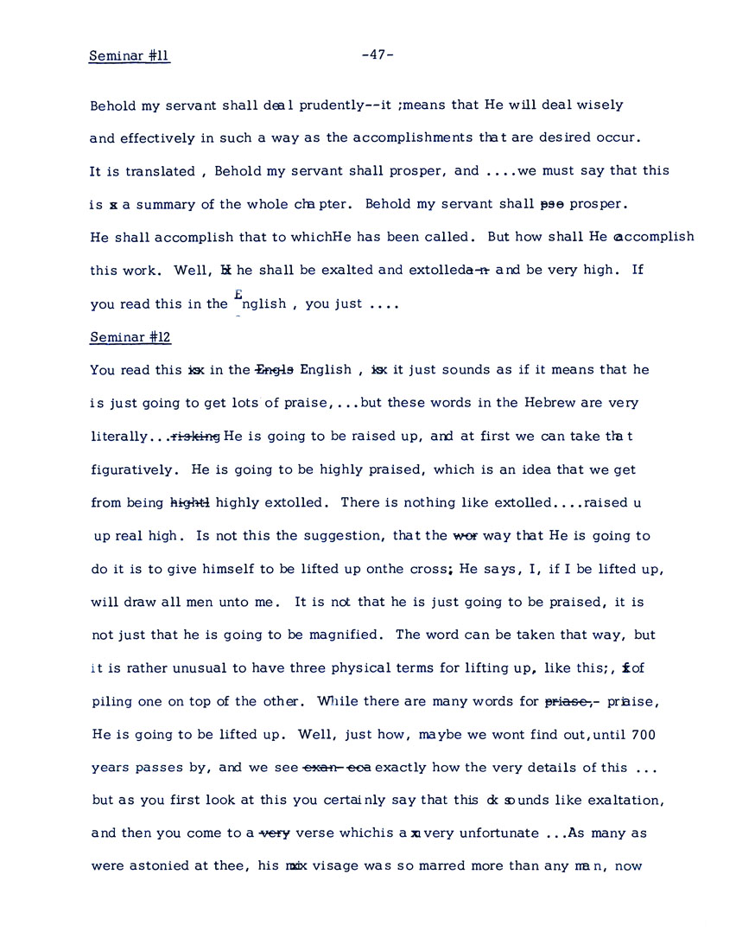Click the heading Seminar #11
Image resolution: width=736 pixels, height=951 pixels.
click(x=130, y=56)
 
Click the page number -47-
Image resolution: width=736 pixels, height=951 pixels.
click(x=378, y=55)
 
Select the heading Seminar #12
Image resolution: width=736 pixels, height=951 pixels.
click(x=130, y=336)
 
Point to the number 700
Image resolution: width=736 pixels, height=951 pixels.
click(x=644, y=735)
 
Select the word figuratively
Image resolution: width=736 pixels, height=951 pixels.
click(x=132, y=469)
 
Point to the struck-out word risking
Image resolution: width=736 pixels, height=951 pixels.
click(x=197, y=437)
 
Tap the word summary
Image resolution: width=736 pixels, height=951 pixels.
click(x=161, y=204)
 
